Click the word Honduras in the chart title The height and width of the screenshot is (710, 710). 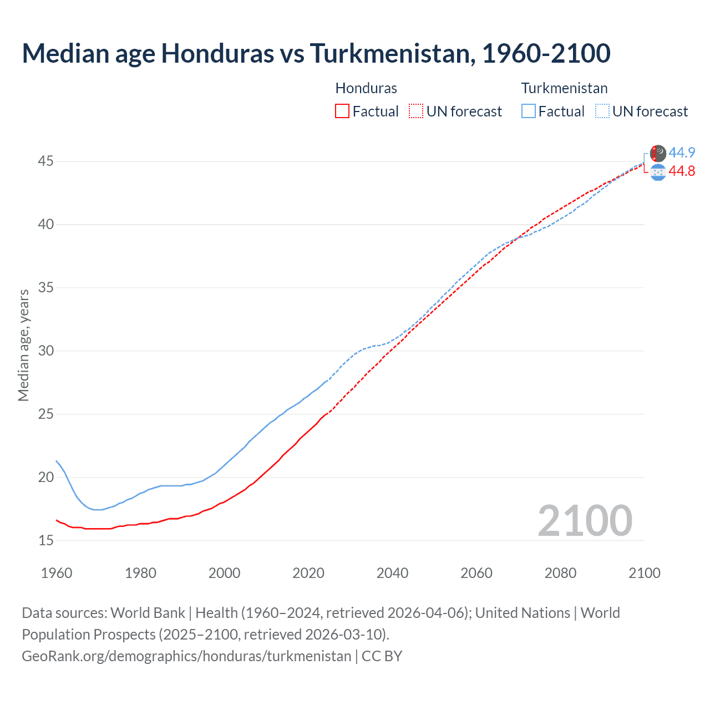[x=217, y=53]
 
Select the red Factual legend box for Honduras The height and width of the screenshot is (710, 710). [x=342, y=111]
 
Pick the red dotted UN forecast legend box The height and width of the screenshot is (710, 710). [x=416, y=111]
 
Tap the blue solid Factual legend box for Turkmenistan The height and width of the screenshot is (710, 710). [x=529, y=111]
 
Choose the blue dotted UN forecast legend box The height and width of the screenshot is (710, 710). [x=602, y=111]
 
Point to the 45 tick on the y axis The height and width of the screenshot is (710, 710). [x=45, y=161]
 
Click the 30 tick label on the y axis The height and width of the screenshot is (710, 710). [x=45, y=351]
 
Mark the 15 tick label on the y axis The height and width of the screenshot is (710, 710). [x=45, y=540]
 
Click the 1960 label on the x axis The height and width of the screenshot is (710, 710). [x=57, y=573]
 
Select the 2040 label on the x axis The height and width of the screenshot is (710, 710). [x=392, y=573]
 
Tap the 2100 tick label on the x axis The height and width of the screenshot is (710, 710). [x=644, y=573]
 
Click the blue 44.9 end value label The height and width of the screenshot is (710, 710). [x=682, y=153]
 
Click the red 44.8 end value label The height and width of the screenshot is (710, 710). [x=682, y=171]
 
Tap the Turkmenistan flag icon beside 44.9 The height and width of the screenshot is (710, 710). [x=658, y=153]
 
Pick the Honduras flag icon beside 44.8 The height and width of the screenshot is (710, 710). [x=658, y=173]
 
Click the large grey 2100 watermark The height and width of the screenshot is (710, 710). [x=585, y=520]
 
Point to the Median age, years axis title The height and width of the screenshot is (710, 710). [x=23, y=345]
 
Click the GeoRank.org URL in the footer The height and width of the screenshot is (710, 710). [x=186, y=656]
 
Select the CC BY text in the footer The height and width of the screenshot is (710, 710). [x=382, y=656]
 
